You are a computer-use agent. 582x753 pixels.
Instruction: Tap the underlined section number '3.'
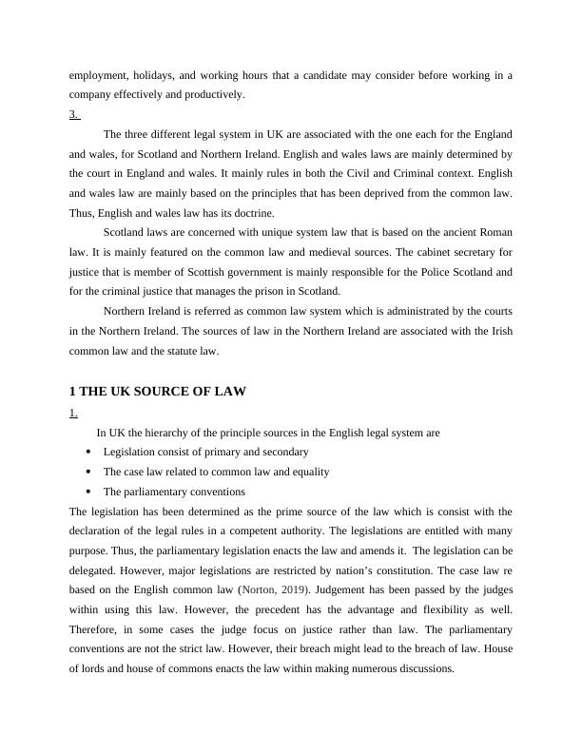74,114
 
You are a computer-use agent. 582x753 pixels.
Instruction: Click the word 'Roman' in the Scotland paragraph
496,233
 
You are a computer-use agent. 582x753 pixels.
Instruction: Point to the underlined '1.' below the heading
73,413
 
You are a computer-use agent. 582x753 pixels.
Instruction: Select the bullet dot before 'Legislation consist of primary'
88,453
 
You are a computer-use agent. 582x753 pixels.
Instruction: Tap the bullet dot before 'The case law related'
88,472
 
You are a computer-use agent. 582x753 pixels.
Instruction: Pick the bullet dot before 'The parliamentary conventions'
88,492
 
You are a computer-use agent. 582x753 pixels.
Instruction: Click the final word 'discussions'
428,668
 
